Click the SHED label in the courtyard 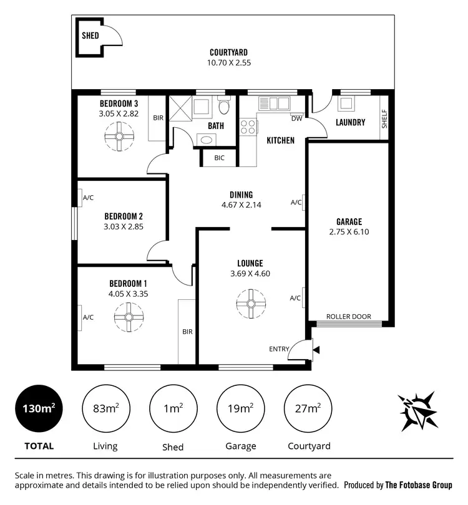(90, 36)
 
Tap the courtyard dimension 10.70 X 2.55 (230, 62)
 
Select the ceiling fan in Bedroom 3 (118, 136)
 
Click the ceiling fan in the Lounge (251, 304)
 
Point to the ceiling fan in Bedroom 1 (128, 317)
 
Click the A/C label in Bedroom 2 (88, 198)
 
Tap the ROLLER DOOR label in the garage (349, 317)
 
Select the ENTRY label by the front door (279, 349)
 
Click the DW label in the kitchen (296, 118)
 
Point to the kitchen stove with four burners (248, 127)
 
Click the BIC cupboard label (219, 158)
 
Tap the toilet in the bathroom (225, 108)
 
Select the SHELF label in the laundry (384, 118)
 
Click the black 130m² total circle (38, 409)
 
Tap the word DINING (240, 195)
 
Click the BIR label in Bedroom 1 (187, 332)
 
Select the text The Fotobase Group (418, 485)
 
